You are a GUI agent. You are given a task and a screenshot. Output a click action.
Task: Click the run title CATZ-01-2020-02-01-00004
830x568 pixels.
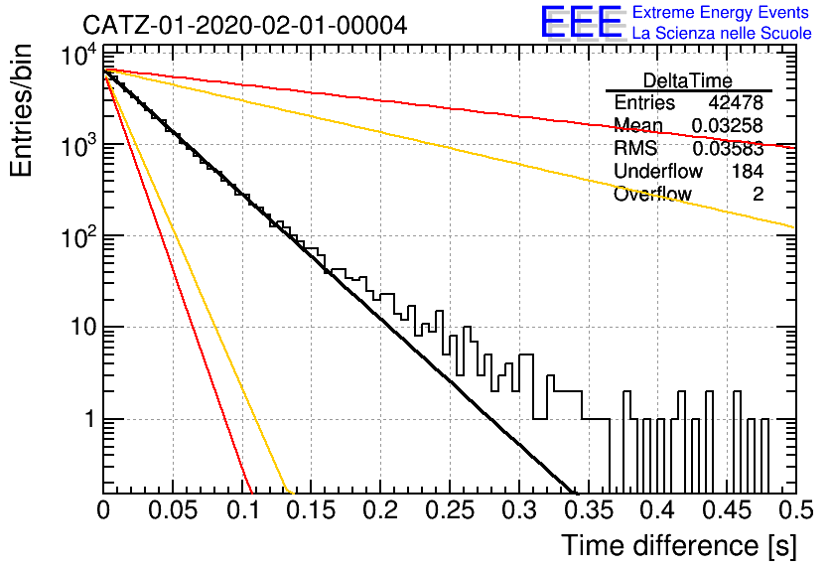(244, 25)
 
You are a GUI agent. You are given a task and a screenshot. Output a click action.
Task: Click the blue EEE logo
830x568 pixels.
(582, 22)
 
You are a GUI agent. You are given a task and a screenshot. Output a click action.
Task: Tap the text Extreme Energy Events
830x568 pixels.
(721, 12)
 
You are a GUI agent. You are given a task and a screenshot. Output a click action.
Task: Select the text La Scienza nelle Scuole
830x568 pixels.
(722, 34)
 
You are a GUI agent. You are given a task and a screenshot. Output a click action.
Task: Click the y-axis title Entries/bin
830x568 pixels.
(22, 111)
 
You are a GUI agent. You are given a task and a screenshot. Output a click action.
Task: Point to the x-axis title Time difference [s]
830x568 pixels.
(679, 546)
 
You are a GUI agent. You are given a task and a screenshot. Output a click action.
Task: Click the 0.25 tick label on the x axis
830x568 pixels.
(450, 510)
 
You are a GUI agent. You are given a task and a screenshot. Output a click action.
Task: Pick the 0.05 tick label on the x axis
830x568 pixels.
(173, 510)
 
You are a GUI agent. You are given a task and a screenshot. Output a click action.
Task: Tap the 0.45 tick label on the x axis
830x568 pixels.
(728, 510)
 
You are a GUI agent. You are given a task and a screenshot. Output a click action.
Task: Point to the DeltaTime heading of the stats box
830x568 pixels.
(688, 80)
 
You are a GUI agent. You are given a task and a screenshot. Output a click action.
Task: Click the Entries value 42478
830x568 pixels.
(736, 102)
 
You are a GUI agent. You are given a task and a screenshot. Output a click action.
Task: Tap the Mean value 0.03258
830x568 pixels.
(728, 125)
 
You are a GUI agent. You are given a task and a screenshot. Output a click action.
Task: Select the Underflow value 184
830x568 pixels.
(748, 171)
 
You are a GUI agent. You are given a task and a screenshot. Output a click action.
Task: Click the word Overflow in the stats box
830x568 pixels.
(652, 194)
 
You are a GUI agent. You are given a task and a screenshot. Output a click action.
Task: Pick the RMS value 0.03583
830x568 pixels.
(728, 149)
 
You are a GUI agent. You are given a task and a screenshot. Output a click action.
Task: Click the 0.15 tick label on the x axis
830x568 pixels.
(312, 510)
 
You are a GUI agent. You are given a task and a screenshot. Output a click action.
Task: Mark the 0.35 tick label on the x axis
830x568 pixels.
(589, 510)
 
